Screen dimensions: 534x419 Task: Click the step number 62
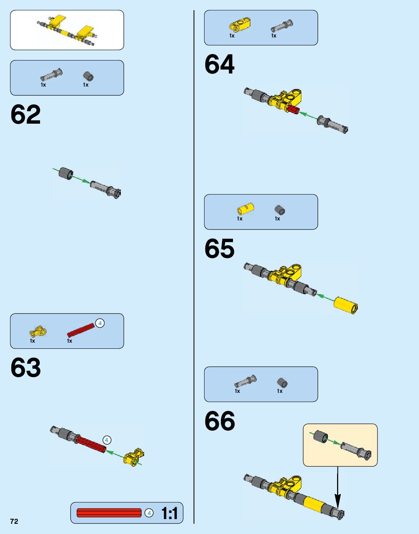pyautogui.click(x=25, y=115)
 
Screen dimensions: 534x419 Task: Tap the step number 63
pyautogui.click(x=25, y=367)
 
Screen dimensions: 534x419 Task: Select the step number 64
pyautogui.click(x=220, y=64)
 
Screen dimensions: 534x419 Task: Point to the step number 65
pyautogui.click(x=220, y=249)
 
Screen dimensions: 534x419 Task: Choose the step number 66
pyautogui.click(x=220, y=421)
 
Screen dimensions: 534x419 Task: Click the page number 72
pyautogui.click(x=14, y=521)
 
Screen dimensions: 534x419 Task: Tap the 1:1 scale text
pyautogui.click(x=170, y=513)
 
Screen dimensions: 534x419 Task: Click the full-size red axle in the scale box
pyautogui.click(x=109, y=513)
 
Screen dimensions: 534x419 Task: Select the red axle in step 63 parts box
pyautogui.click(x=80, y=330)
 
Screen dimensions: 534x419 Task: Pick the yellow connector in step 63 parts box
pyautogui.click(x=38, y=331)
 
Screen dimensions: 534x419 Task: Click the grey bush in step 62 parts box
pyautogui.click(x=88, y=76)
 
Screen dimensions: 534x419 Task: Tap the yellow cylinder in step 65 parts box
pyautogui.click(x=245, y=209)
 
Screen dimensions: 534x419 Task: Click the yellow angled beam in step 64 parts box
pyautogui.click(x=240, y=24)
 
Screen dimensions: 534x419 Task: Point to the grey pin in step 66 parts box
pyautogui.click(x=245, y=381)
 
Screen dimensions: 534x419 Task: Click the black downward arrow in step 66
pyautogui.click(x=337, y=487)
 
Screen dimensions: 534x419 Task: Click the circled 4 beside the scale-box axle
pyautogui.click(x=149, y=513)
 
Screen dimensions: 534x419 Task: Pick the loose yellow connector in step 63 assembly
pyautogui.click(x=133, y=457)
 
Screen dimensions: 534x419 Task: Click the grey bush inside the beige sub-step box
pyautogui.click(x=321, y=436)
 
